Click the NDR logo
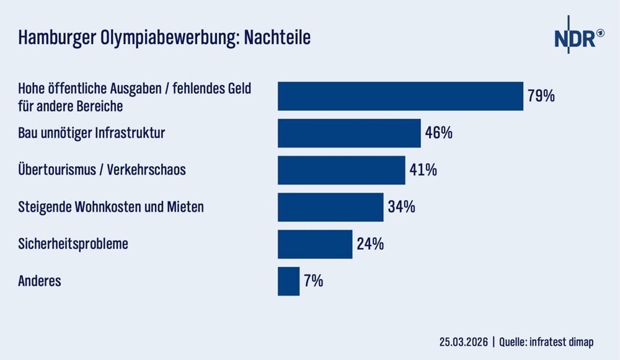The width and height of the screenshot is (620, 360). click(x=578, y=38)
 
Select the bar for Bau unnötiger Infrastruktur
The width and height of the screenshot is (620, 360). click(x=349, y=133)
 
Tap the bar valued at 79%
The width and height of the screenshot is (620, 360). click(x=400, y=96)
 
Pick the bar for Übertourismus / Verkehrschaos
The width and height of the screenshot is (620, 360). click(x=341, y=170)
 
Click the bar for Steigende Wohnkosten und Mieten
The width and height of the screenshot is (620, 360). click(x=330, y=207)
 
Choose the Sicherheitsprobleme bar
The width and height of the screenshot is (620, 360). click(x=315, y=244)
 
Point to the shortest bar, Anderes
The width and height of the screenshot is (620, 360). click(x=288, y=281)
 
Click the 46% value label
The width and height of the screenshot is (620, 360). click(x=439, y=133)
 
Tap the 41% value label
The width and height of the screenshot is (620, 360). click(x=423, y=170)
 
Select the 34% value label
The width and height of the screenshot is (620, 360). click(x=401, y=207)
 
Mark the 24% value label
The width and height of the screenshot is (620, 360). click(x=370, y=244)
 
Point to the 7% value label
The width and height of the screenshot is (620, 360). click(x=314, y=281)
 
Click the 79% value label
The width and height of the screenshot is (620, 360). click(x=541, y=96)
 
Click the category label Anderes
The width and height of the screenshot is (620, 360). click(x=40, y=281)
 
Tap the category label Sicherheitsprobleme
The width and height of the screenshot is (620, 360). click(x=73, y=244)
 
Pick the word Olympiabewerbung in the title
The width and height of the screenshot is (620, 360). click(x=162, y=38)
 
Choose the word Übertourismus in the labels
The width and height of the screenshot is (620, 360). click(x=53, y=169)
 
